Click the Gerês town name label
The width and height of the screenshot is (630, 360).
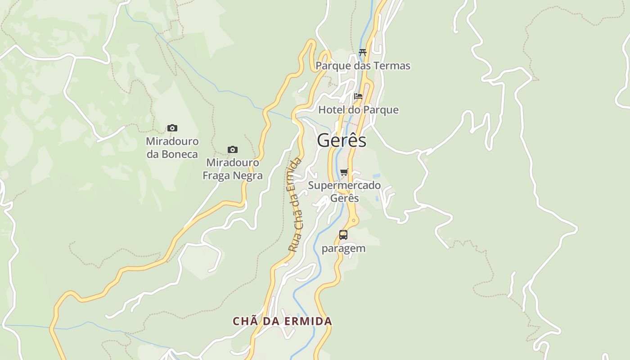pyautogui.click(x=342, y=141)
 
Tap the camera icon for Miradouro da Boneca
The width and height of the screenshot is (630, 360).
pyautogui.click(x=172, y=128)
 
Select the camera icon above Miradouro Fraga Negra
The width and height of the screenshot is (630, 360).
pyautogui.click(x=232, y=149)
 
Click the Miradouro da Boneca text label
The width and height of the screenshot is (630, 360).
pyautogui.click(x=172, y=148)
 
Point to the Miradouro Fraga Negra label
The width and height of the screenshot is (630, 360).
pyautogui.click(x=232, y=169)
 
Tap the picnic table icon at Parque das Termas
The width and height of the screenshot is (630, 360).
pyautogui.click(x=363, y=52)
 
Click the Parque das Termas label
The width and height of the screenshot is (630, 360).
pyautogui.click(x=363, y=66)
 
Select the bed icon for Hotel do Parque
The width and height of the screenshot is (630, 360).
pyautogui.click(x=358, y=96)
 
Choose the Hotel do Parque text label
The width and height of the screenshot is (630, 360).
pyautogui.click(x=358, y=110)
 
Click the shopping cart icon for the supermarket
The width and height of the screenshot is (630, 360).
pyautogui.click(x=344, y=172)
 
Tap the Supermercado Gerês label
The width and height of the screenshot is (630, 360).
pyautogui.click(x=344, y=192)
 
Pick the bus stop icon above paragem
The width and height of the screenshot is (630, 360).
pyautogui.click(x=343, y=234)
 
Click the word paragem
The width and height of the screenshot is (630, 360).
pyautogui.click(x=343, y=249)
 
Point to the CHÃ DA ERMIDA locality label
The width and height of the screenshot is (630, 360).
pyautogui.click(x=282, y=321)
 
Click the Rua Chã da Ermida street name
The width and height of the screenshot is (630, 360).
pyautogui.click(x=296, y=205)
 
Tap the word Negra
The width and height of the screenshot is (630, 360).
pyautogui.click(x=248, y=175)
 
